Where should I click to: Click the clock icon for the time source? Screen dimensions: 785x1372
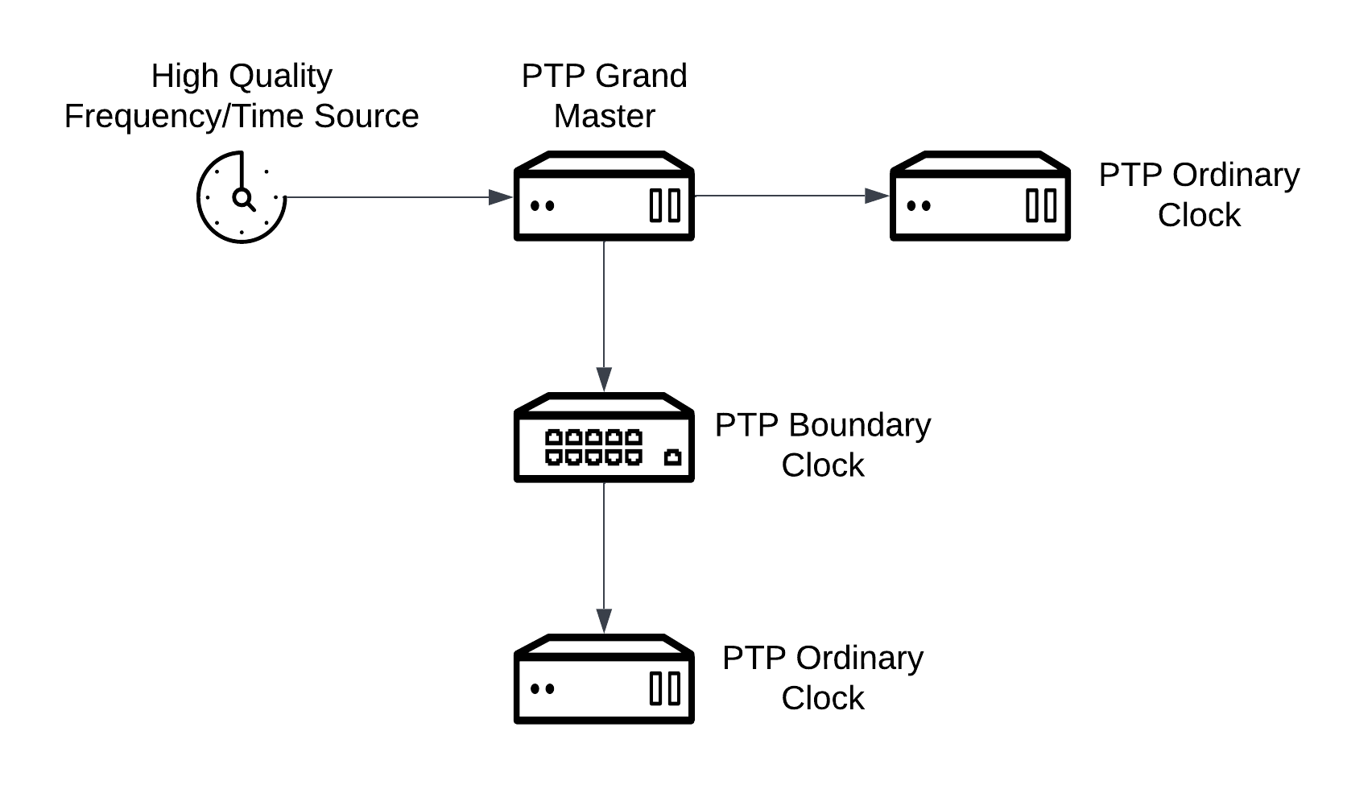[241, 196]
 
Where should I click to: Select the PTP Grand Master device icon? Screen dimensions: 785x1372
[604, 196]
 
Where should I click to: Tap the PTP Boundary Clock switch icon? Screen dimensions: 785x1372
[604, 438]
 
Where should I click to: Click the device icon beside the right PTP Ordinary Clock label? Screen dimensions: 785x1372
[980, 196]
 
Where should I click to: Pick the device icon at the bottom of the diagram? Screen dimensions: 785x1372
[604, 680]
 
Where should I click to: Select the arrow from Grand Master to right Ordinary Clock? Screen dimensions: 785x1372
[789, 196]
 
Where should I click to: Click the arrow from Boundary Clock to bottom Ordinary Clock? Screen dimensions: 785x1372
[604, 556]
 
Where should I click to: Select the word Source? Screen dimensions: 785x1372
[366, 116]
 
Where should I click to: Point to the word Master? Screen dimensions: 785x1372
[604, 116]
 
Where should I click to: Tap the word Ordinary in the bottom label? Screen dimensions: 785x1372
[859, 659]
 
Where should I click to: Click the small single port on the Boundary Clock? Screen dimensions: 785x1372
[672, 457]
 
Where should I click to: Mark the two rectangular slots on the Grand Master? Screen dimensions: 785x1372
[665, 205]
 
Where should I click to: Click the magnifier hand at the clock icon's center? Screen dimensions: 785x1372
[243, 199]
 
